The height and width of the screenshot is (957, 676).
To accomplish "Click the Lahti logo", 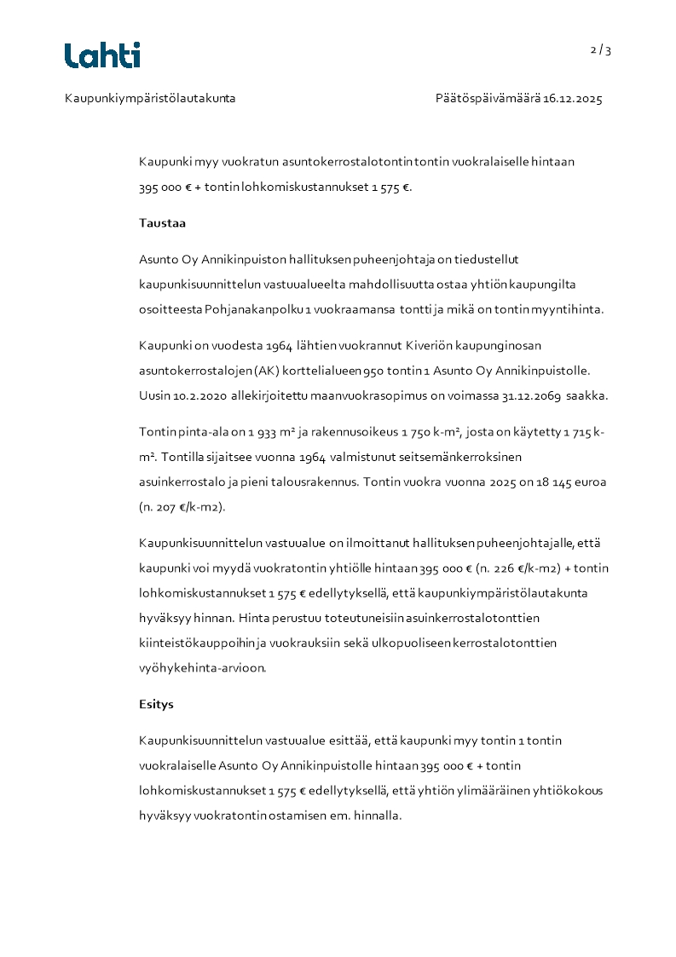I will tap(102, 55).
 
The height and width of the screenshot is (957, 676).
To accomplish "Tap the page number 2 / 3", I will tap(601, 50).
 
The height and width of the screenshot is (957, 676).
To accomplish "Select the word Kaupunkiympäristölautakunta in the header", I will tap(150, 99).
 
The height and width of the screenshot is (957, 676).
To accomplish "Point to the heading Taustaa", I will tap(163, 223).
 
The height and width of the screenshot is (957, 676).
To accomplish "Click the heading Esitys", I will tap(157, 705).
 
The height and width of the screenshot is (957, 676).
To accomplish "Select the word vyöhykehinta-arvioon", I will tap(203, 667).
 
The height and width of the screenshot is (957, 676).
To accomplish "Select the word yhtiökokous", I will tap(566, 791).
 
